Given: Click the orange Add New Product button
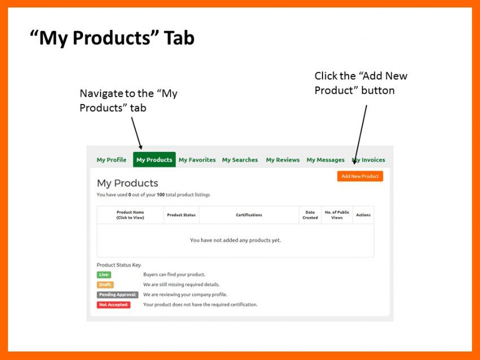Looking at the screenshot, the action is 360,176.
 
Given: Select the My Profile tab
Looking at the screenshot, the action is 111,159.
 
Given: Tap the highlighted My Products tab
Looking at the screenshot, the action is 154,159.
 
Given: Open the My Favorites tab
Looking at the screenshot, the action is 197,159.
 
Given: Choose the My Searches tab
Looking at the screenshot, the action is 240,159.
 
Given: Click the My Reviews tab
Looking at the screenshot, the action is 283,159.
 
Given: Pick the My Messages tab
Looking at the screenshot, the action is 325,159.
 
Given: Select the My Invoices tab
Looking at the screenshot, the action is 369,159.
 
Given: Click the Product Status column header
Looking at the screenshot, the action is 181,215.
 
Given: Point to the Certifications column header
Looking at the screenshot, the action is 249,215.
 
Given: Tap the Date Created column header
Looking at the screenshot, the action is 310,215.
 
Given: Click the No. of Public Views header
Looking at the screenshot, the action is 337,215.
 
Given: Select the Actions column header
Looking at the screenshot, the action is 363,215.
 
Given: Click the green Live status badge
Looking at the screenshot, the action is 104,275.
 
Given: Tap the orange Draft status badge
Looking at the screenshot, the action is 105,285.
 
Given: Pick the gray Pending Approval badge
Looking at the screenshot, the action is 117,295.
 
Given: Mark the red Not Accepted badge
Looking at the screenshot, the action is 114,305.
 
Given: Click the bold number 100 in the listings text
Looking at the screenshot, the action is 161,194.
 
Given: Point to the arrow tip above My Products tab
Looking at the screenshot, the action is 141,149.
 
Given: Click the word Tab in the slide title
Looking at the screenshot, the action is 179,38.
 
